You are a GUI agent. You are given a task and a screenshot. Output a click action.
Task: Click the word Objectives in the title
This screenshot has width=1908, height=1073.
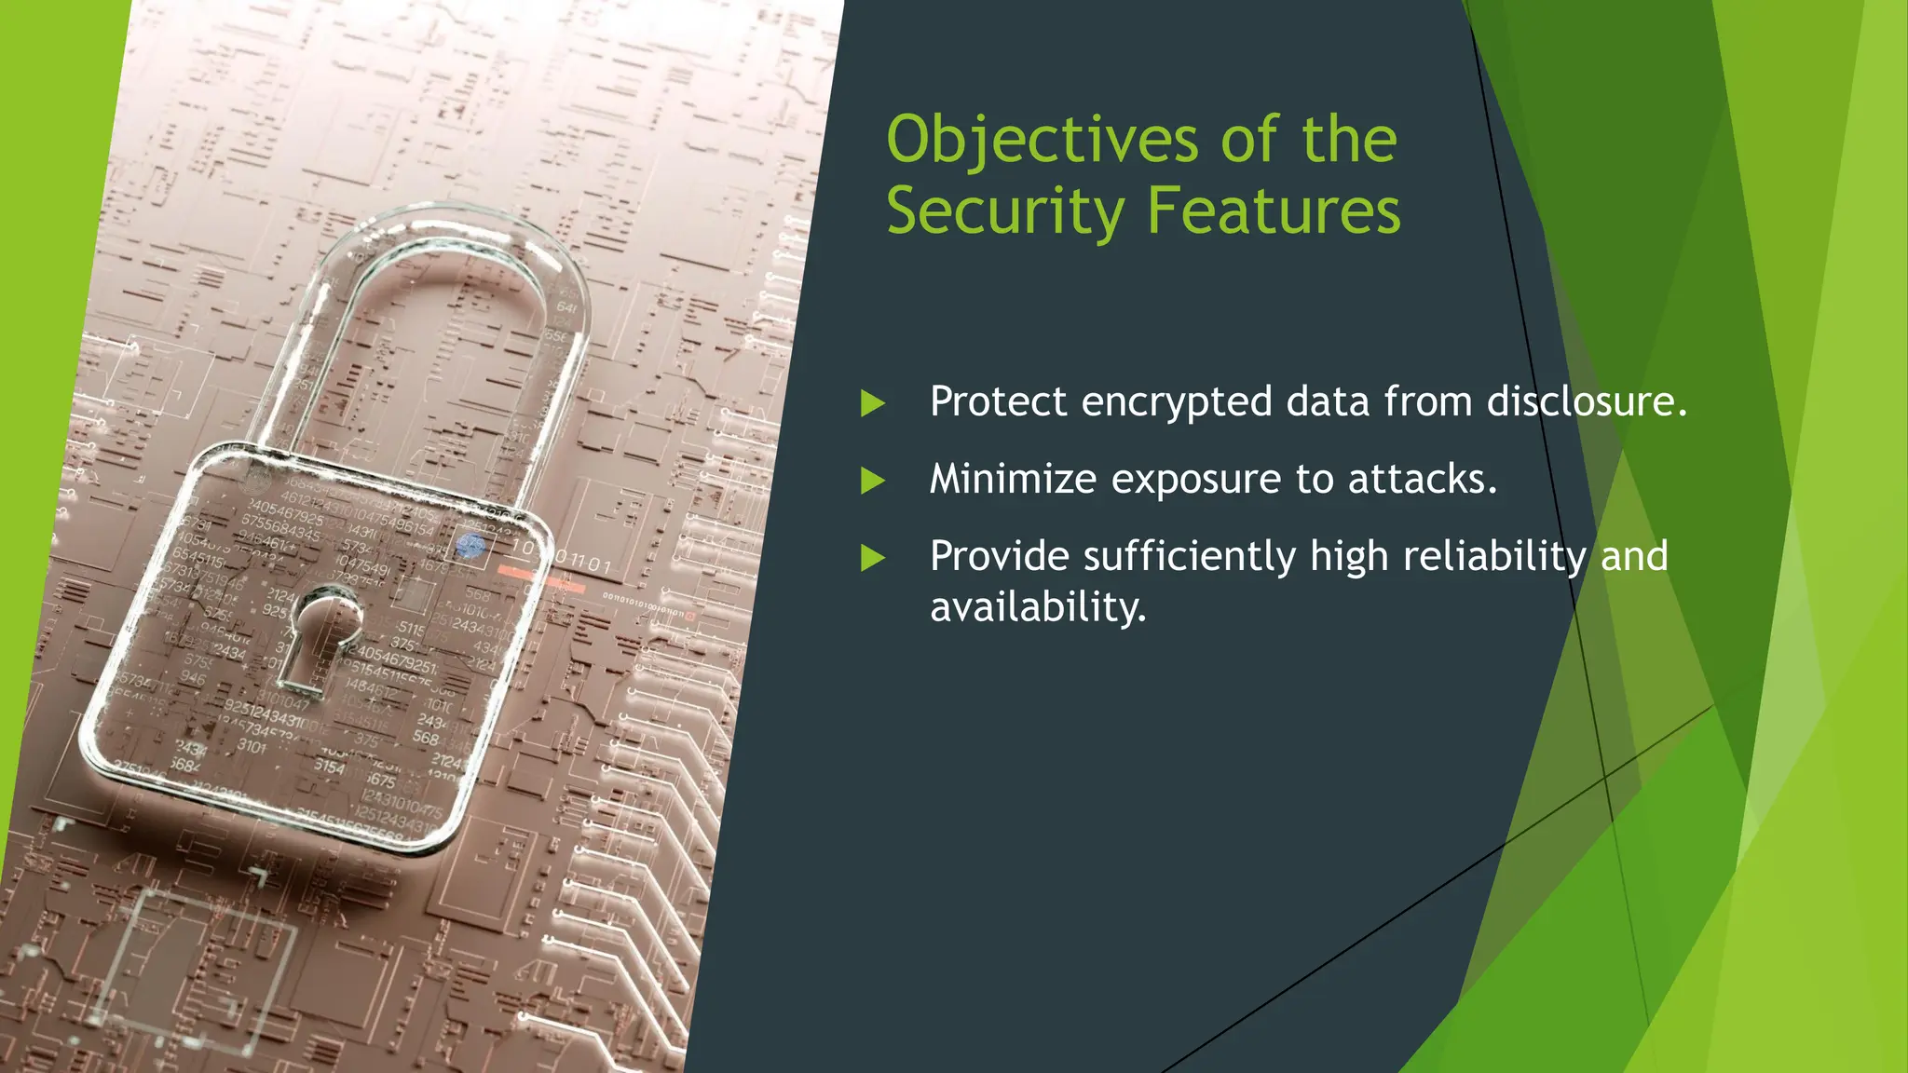click(x=1042, y=141)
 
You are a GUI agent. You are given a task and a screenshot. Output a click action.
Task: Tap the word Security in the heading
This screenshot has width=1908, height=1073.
click(x=1005, y=211)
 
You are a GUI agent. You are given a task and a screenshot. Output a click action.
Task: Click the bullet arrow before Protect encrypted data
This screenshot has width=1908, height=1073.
click(x=872, y=403)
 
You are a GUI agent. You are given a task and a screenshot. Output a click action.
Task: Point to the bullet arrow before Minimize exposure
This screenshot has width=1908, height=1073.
click(x=872, y=481)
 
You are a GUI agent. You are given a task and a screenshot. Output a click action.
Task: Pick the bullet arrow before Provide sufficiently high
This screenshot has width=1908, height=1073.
click(x=872, y=558)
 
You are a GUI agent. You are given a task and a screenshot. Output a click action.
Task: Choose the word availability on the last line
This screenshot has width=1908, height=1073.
click(x=1037, y=607)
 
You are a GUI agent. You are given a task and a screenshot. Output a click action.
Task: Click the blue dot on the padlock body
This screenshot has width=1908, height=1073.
click(x=471, y=546)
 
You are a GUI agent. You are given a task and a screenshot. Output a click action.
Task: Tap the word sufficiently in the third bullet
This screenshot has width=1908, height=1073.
click(x=1190, y=557)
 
